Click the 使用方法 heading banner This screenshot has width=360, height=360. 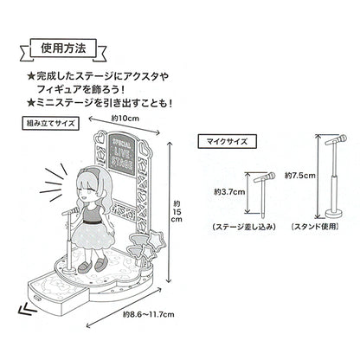[x=63, y=48]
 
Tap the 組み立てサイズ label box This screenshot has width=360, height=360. [x=50, y=124]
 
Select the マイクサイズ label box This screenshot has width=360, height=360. [x=227, y=141]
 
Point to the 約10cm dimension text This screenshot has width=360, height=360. [x=125, y=119]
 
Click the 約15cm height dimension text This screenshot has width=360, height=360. [x=177, y=212]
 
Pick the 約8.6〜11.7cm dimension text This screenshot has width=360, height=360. [x=148, y=314]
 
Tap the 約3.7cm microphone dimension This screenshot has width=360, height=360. [x=229, y=192]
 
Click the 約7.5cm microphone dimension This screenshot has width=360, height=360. [x=300, y=176]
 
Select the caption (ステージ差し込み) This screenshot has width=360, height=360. [x=244, y=227]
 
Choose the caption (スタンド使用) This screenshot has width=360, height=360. [x=315, y=227]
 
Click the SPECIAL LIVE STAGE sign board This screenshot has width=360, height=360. [x=121, y=155]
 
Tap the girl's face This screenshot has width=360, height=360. [x=88, y=190]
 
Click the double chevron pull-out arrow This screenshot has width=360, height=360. [x=28, y=309]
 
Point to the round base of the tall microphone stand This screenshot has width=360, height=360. [x=334, y=215]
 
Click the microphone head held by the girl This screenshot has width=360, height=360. [x=75, y=210]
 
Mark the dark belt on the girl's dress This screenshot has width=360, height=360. [x=93, y=222]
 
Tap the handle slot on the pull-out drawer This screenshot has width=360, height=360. [x=37, y=298]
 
